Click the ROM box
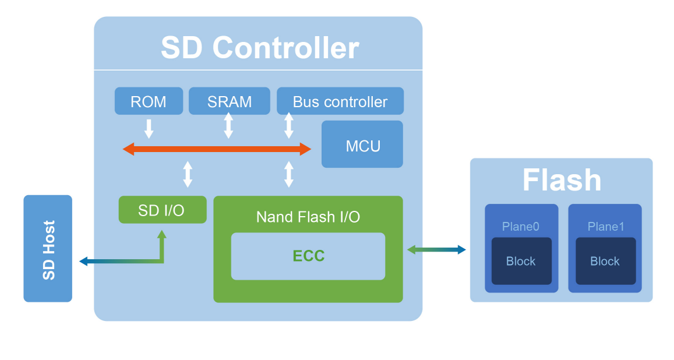click(x=149, y=101)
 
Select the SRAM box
click(x=230, y=101)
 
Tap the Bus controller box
click(x=340, y=101)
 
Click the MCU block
click(x=362, y=144)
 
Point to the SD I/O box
click(x=162, y=210)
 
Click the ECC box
click(x=308, y=256)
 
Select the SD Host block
click(x=48, y=249)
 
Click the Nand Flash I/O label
click(x=308, y=217)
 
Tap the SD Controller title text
click(x=259, y=48)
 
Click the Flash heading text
click(x=562, y=180)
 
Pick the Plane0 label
click(x=521, y=227)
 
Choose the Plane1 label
click(x=605, y=227)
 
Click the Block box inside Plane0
click(x=521, y=261)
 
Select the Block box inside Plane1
click(x=605, y=261)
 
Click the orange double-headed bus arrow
click(x=217, y=149)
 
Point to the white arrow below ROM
click(x=149, y=128)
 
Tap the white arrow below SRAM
click(x=228, y=125)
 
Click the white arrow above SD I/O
click(x=188, y=174)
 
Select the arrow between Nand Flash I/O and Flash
click(x=436, y=250)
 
